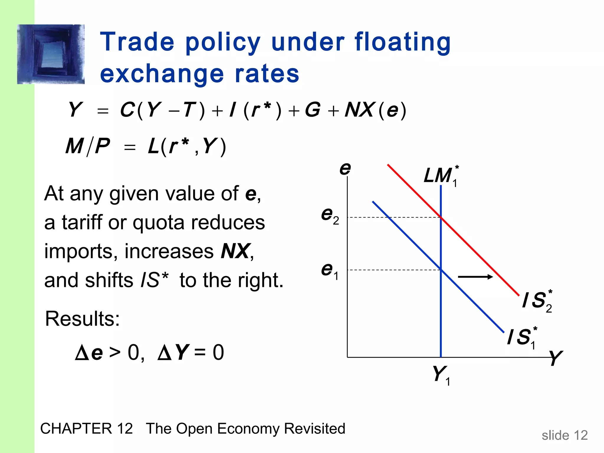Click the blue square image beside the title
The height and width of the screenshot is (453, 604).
[51, 54]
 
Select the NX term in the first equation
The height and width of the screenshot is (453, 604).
[360, 110]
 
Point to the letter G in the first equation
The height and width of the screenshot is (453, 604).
[312, 110]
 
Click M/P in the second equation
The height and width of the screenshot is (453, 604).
[88, 146]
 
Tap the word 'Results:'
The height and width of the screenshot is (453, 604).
[82, 319]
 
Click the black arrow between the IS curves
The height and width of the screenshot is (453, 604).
[475, 277]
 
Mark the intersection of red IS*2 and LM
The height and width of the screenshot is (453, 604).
[441, 217]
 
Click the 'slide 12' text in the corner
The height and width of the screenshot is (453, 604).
[564, 435]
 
